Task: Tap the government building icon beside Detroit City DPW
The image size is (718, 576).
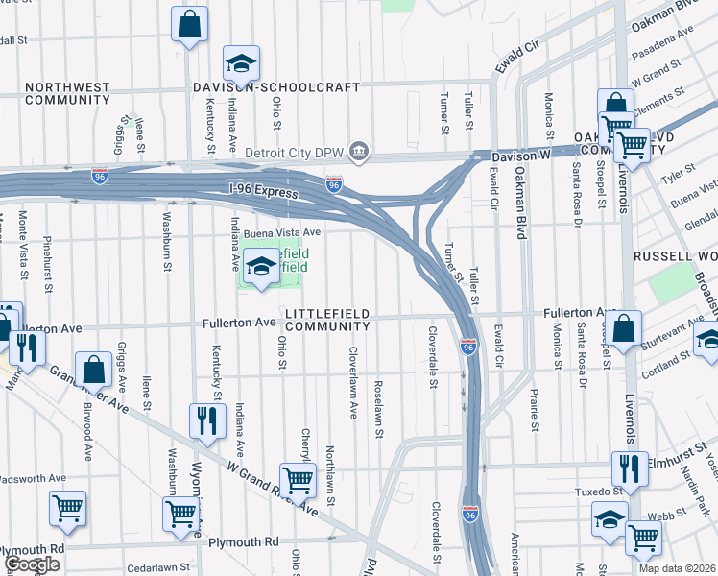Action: point(359,151)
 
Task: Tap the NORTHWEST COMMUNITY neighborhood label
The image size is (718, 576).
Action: point(67,93)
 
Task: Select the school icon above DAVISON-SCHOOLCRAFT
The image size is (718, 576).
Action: point(241,65)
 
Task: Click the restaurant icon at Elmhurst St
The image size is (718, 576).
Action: point(630,468)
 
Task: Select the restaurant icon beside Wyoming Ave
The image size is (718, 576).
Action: point(206,420)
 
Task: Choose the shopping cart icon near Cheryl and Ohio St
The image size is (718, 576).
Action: point(298,480)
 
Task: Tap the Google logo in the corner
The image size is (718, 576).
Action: point(32,564)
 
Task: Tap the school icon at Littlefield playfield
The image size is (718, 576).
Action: point(260,268)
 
